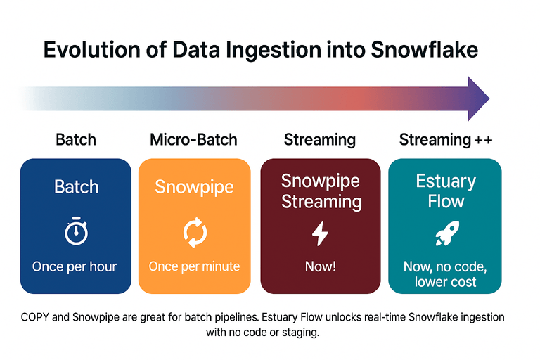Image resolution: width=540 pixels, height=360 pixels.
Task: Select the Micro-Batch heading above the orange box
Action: (194, 139)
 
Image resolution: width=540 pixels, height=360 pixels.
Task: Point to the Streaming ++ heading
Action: (446, 139)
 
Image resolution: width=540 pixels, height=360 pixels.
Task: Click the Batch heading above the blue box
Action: (75, 139)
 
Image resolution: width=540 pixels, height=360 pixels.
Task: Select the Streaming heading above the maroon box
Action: (320, 139)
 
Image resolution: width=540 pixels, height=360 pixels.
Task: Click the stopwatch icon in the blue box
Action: (75, 232)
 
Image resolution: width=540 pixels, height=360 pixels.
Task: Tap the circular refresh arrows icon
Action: (194, 232)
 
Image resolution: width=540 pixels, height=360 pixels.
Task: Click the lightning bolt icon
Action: (320, 233)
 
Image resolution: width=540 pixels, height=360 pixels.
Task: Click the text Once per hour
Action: (75, 266)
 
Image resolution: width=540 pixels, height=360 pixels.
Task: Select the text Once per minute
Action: (194, 266)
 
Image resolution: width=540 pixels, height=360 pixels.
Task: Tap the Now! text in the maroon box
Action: (320, 266)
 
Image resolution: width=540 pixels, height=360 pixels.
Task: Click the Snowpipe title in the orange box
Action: (194, 187)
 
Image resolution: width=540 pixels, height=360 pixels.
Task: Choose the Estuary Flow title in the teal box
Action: (445, 191)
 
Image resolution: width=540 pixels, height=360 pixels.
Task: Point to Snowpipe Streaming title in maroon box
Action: (321, 191)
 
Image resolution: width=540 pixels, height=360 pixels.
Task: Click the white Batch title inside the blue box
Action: (76, 187)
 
